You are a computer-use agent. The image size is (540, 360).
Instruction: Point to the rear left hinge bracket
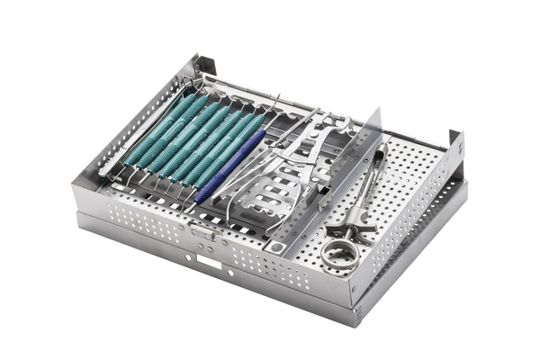[204, 65]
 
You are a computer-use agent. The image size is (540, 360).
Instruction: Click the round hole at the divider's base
[280, 247]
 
